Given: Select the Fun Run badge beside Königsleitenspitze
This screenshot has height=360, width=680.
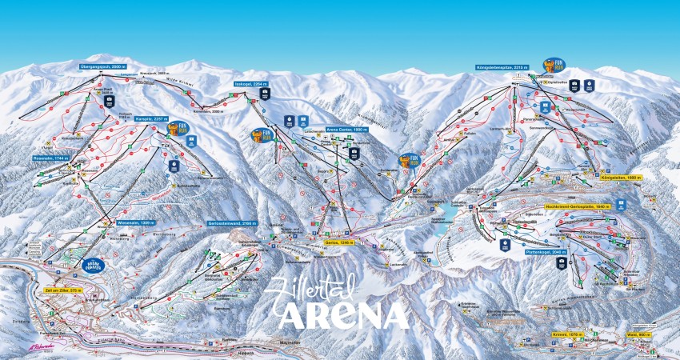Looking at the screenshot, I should pyautogui.click(x=554, y=64).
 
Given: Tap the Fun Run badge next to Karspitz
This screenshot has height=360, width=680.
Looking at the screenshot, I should pyautogui.click(x=176, y=129).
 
